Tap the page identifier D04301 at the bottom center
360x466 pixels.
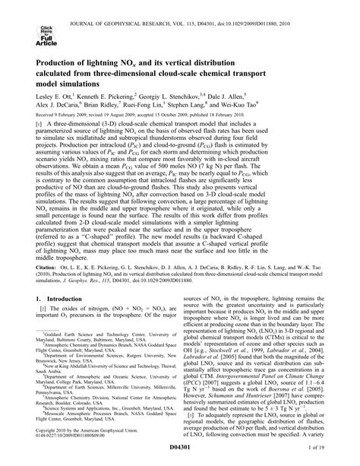click(179, 453)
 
